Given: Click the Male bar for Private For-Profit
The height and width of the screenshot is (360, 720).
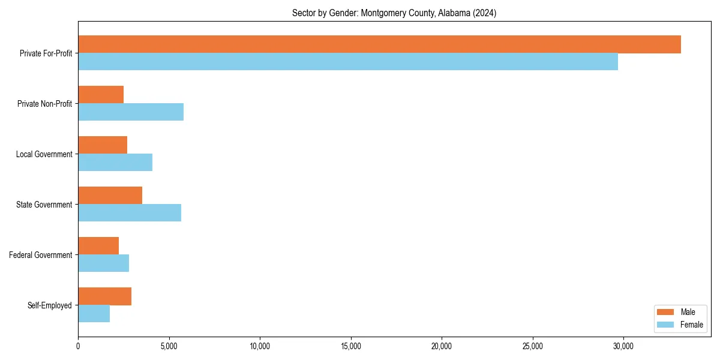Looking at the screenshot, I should pyautogui.click(x=379, y=44).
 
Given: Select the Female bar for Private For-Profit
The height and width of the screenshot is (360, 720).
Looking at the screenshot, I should pyautogui.click(x=348, y=62).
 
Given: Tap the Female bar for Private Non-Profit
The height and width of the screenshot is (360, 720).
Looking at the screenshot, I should pyautogui.click(x=131, y=112).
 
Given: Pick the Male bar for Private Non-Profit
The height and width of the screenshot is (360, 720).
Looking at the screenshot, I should pyautogui.click(x=101, y=95).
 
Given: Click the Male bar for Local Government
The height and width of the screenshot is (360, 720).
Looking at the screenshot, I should pyautogui.click(x=103, y=145).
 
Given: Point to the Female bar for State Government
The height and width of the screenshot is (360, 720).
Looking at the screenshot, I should pyautogui.click(x=130, y=213).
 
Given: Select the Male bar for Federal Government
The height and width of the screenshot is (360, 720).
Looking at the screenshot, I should pyautogui.click(x=98, y=246).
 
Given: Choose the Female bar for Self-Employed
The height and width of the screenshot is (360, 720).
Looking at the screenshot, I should pyautogui.click(x=94, y=314).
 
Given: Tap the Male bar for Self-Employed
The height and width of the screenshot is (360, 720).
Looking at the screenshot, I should pyautogui.click(x=105, y=296).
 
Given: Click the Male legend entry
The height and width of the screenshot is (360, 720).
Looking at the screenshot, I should pyautogui.click(x=680, y=312).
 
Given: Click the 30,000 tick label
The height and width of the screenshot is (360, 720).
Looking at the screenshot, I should pyautogui.click(x=623, y=346).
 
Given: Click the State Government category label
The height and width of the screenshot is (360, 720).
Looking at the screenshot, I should pyautogui.click(x=44, y=205).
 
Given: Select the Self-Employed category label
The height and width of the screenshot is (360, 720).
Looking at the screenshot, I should pyautogui.click(x=50, y=305).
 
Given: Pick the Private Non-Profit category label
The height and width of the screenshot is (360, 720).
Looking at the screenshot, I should pyautogui.click(x=44, y=104).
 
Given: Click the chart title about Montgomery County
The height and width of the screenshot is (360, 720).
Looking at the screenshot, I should pyautogui.click(x=394, y=13).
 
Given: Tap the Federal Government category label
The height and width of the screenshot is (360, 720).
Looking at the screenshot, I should pyautogui.click(x=41, y=255).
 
